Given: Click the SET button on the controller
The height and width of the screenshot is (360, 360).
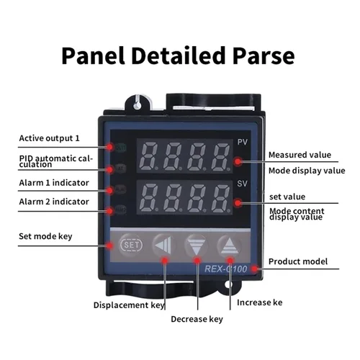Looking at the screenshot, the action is coord(131,245).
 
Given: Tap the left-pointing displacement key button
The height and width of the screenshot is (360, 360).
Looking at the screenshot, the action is coord(163,245).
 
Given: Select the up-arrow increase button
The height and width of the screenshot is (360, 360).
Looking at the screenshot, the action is coord(230,245).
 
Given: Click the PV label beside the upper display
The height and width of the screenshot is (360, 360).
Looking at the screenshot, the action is coord(242,142).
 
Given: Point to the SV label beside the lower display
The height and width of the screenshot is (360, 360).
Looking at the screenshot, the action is coord(242,184).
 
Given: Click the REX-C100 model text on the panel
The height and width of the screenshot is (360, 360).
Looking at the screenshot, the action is coord(225,269).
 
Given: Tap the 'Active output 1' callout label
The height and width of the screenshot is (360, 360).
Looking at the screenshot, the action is coord(49,138).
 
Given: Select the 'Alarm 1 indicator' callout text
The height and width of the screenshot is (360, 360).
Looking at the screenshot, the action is coord(54,183).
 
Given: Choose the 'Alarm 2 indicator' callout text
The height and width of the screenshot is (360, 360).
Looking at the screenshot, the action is coord(54,202).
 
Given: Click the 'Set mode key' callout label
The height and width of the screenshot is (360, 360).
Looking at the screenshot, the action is coord(45,236).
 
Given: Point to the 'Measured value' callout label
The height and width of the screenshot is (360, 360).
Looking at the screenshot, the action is coord(300,155).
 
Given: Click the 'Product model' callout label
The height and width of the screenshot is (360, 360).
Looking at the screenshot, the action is coord(298,261).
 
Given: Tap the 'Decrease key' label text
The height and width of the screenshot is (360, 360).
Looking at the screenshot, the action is coord(197,319).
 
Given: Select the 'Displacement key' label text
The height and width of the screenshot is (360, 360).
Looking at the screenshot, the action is coord(129,305).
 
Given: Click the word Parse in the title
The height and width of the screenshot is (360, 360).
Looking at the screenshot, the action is coord(264,55).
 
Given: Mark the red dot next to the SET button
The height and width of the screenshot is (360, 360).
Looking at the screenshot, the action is coord(110,246).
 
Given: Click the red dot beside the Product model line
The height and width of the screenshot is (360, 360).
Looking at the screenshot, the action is coord(254,269).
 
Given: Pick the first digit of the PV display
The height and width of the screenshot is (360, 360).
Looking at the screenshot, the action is coord(149,156).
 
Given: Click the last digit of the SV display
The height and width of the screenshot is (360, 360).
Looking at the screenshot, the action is coord(221,198).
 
